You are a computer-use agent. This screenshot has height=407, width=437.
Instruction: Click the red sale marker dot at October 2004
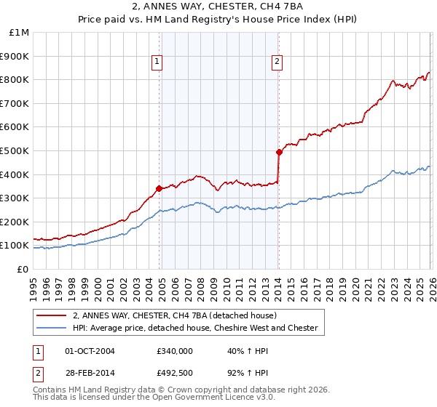[159, 188]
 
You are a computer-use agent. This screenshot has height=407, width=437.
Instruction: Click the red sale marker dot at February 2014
[279, 152]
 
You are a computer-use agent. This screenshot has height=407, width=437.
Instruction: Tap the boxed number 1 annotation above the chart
[157, 63]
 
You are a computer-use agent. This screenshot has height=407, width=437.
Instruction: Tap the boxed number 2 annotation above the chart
[277, 63]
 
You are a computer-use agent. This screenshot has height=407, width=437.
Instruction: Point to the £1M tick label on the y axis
[19, 33]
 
